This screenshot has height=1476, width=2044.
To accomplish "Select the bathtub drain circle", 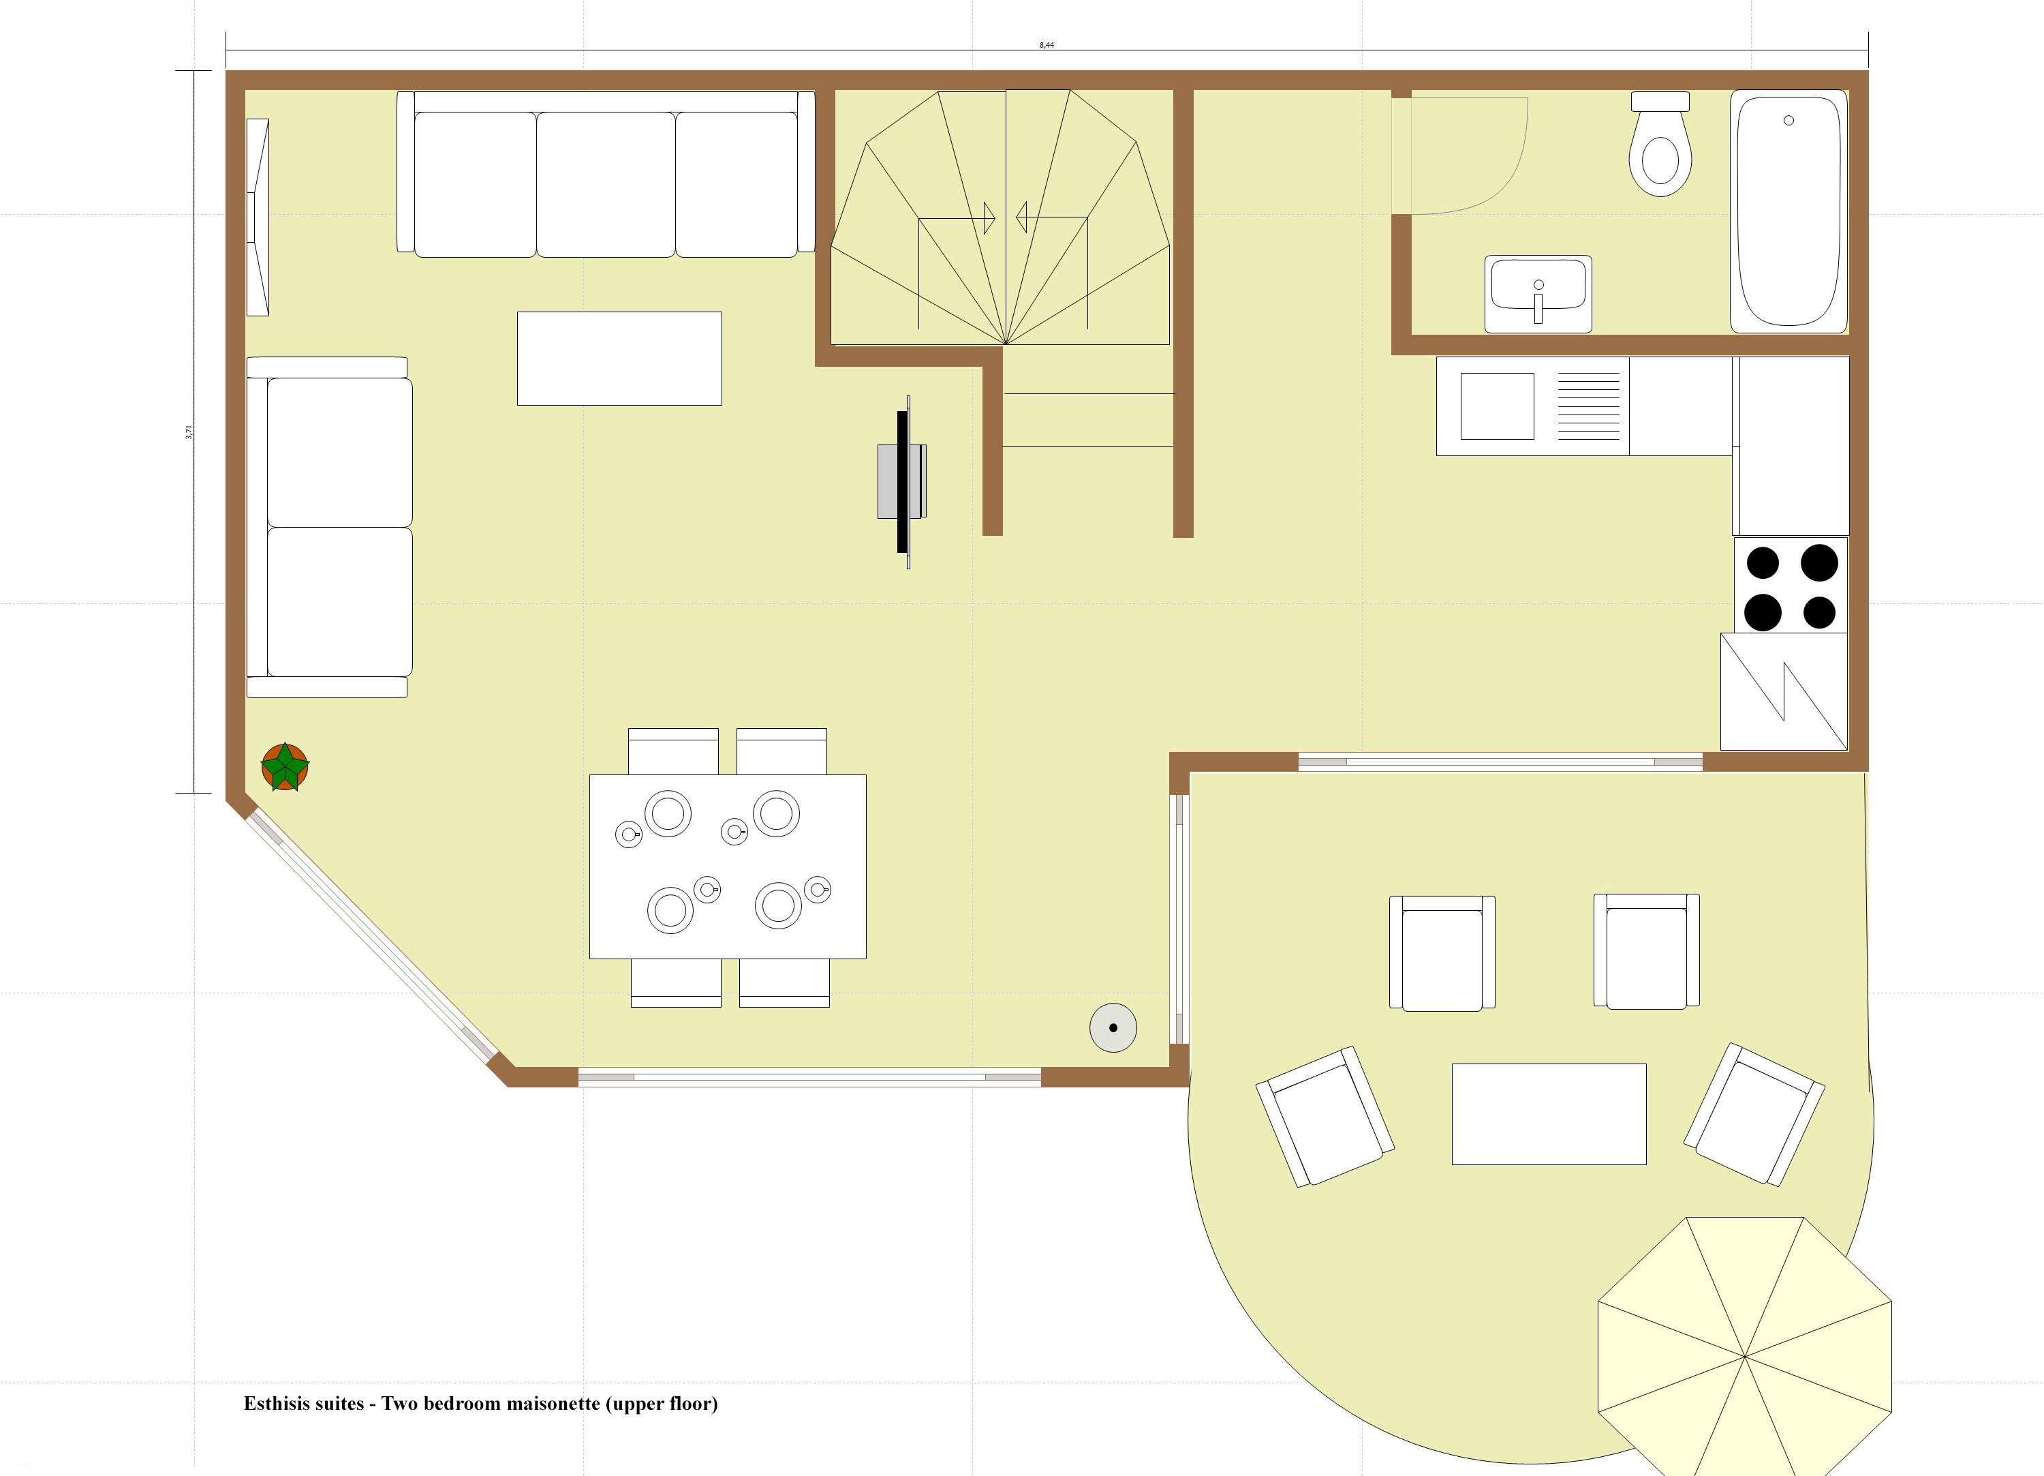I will [x=1788, y=121].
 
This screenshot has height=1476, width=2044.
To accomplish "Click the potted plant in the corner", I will [x=285, y=767].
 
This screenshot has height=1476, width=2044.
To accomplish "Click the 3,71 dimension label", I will [x=188, y=432].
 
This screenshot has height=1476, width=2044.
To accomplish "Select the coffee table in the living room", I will [x=619, y=358].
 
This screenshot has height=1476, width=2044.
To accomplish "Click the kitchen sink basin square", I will [x=1496, y=406].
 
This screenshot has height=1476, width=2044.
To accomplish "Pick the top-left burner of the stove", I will [x=1762, y=562].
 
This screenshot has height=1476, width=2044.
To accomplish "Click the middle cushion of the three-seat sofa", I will [x=606, y=184].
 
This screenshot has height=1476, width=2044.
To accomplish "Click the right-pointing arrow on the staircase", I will [x=989, y=217].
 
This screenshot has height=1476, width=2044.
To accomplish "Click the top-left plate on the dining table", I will [x=668, y=813].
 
